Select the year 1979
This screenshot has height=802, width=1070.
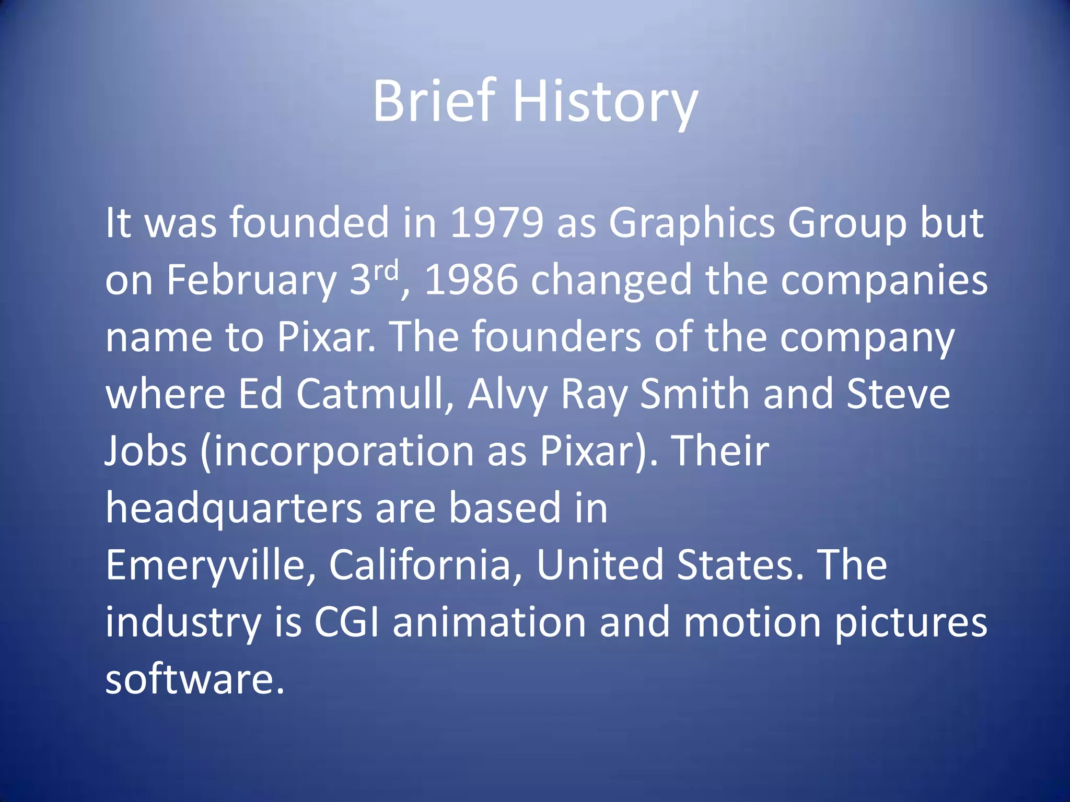pos(496,223)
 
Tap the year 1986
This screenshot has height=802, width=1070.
pos(471,280)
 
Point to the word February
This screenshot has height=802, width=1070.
pos(251,280)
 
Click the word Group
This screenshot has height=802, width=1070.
pos(847,223)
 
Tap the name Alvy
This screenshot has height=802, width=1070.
pos(507,394)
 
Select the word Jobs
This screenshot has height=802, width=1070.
pos(146,451)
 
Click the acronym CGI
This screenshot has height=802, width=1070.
pos(346,622)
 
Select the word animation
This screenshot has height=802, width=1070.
pos(490,622)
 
